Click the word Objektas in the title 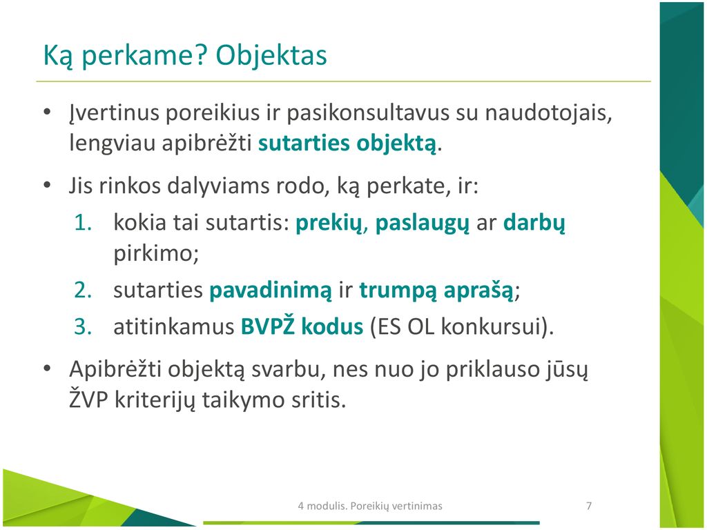tap(271, 56)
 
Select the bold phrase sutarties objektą tap(347, 144)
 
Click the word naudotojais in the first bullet tap(548, 112)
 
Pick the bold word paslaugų tap(422, 224)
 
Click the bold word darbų tap(534, 223)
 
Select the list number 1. tap(83, 223)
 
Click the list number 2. tap(83, 290)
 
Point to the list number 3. tap(83, 326)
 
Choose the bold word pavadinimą tap(271, 291)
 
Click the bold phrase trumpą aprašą tap(436, 291)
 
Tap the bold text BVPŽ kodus tap(302, 326)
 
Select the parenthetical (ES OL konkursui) tap(462, 326)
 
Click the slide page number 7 tap(589, 506)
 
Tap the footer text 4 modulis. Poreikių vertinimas tap(370, 506)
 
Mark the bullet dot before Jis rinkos tap(48, 186)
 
